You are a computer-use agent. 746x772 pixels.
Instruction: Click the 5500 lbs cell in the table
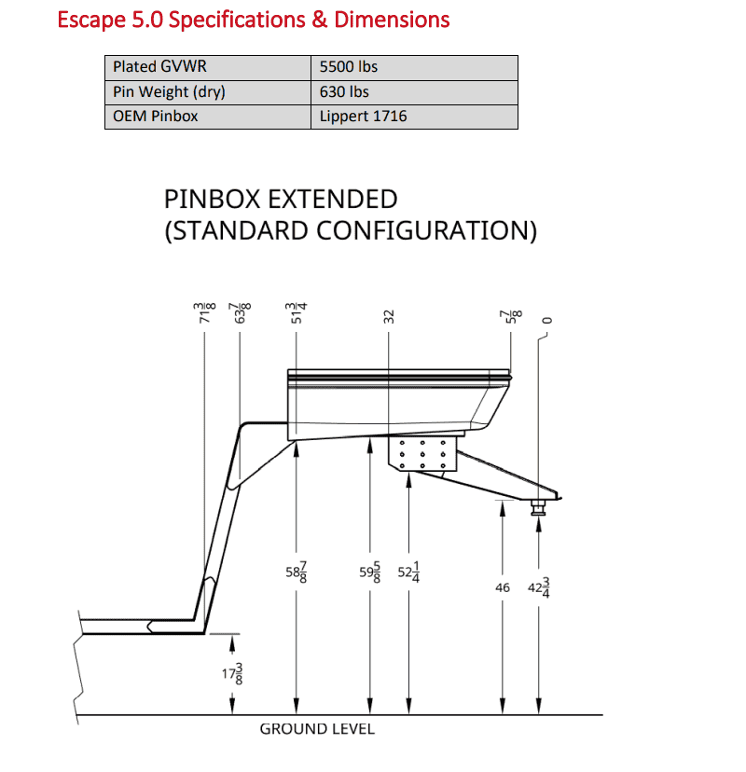point(348,67)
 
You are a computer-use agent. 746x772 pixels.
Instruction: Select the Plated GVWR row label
point(159,66)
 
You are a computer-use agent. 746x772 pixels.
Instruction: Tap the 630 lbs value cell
point(344,91)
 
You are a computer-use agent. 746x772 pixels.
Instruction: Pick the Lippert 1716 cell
point(363,117)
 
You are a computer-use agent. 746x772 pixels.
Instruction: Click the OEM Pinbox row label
point(155,117)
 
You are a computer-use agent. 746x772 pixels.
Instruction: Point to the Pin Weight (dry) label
point(169,92)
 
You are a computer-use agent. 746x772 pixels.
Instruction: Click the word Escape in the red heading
point(91,21)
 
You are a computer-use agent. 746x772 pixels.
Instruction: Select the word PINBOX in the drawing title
point(213,200)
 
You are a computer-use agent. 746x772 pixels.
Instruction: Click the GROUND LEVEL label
point(317,729)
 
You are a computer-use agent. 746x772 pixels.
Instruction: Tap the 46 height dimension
point(503,588)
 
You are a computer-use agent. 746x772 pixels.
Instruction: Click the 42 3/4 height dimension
point(539,587)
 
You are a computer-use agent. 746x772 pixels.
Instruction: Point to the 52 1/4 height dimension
point(408,572)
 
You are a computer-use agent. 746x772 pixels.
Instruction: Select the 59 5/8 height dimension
point(370,572)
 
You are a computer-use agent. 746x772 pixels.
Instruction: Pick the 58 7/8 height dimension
point(297,572)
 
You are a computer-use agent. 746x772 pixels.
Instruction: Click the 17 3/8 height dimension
point(232,673)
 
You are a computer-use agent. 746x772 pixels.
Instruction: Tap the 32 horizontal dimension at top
point(389,317)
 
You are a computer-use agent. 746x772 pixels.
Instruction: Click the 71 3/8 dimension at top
point(205,313)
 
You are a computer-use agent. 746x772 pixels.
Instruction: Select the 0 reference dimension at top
point(547,321)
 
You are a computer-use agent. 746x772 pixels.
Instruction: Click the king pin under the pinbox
point(538,507)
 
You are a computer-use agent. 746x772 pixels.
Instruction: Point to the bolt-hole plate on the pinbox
point(422,454)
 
